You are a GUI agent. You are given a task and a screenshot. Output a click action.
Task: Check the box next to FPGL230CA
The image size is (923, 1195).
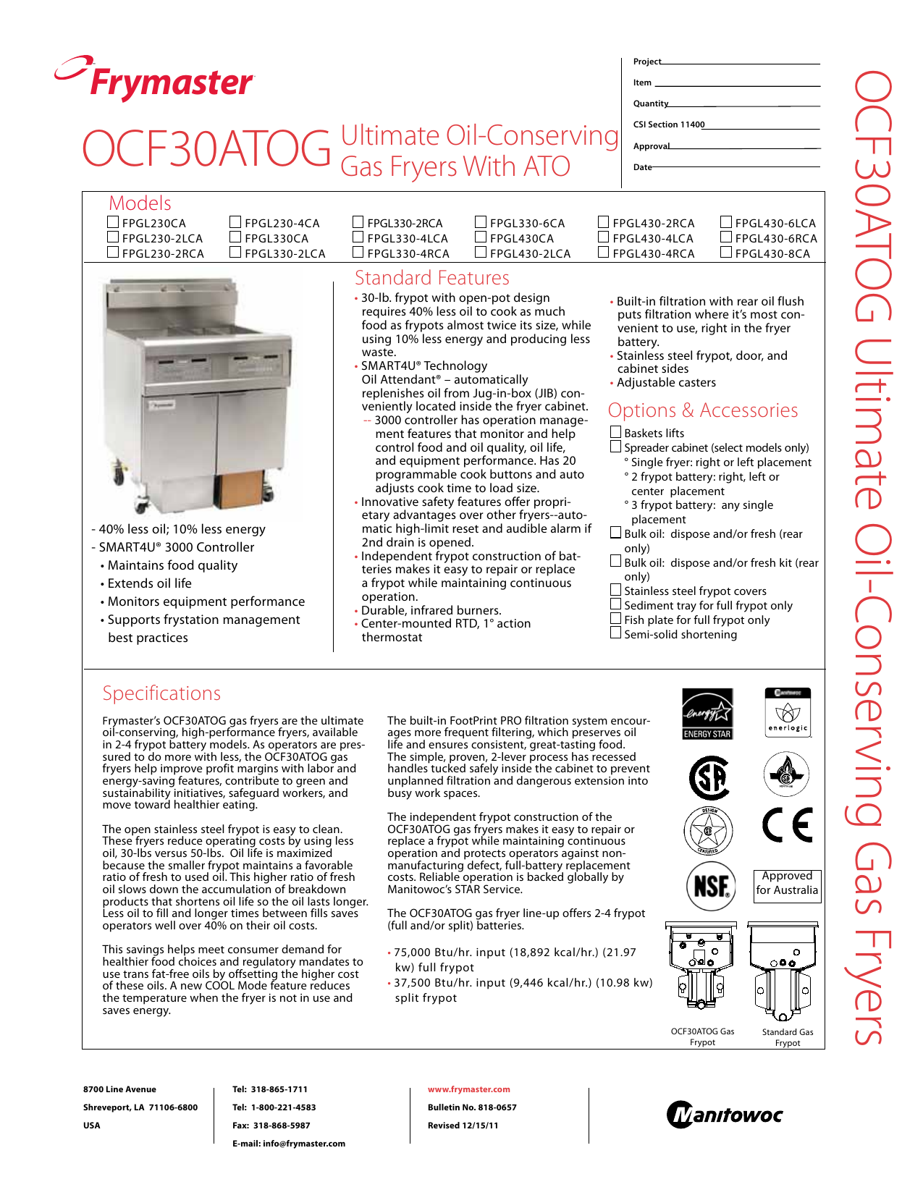113,222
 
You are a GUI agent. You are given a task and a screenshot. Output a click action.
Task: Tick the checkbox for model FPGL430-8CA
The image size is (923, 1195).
726,253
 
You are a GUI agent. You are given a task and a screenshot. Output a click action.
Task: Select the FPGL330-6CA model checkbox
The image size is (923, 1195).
481,222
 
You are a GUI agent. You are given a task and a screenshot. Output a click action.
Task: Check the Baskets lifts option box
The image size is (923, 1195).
615,432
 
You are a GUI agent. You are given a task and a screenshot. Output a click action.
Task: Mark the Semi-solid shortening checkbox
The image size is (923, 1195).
615,633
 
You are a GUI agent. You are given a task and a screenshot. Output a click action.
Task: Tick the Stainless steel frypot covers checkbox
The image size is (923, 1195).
615,590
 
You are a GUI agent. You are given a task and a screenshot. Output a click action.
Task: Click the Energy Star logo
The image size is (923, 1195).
707,713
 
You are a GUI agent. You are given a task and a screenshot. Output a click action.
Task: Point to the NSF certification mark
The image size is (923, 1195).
710,886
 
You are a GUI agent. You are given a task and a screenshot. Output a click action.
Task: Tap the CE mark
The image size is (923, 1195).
787,825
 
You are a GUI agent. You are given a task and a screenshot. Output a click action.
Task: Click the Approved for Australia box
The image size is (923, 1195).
787,883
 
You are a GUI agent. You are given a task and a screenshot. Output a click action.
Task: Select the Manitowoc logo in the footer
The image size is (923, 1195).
724,1115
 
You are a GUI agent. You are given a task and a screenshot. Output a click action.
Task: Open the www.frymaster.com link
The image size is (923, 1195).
468,1089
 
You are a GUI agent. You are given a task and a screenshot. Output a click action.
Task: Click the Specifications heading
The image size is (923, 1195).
161,693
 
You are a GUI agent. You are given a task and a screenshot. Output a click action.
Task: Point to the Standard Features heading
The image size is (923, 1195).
431,278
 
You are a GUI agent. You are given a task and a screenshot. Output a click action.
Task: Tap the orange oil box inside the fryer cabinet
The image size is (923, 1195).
240,490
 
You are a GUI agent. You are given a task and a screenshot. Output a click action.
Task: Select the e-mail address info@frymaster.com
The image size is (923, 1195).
304,1144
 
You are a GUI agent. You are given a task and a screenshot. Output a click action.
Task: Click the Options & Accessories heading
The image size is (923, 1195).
702,410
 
